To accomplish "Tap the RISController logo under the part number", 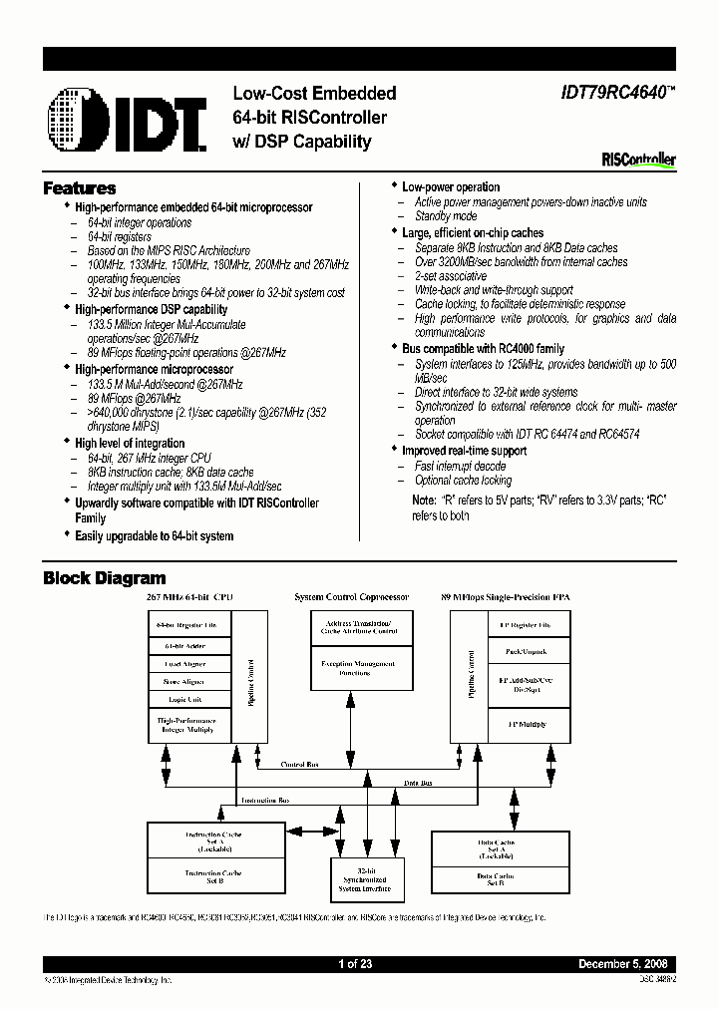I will click(639, 159).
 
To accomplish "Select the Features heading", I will click(80, 188).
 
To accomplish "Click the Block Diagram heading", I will click(105, 578).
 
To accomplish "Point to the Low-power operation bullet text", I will click(451, 187).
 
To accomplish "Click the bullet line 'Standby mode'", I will click(446, 216).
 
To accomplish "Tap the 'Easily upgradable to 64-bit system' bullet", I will click(155, 536).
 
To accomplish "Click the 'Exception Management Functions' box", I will click(357, 668).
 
